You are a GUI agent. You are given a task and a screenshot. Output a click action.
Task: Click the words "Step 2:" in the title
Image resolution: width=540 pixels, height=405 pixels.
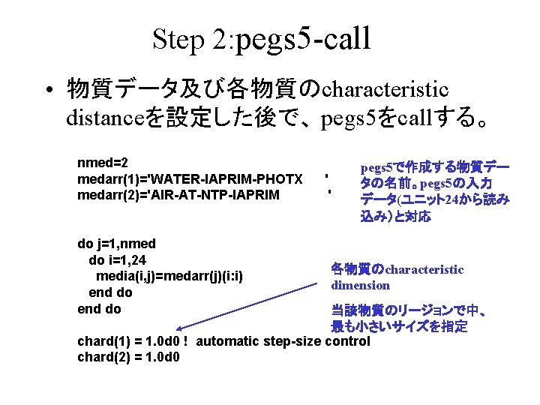coord(191,39)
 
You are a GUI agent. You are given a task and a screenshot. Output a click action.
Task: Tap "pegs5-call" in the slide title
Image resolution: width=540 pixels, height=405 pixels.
coord(303,38)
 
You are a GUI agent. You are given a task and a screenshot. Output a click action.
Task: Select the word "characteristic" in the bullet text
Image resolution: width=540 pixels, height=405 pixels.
coord(385,90)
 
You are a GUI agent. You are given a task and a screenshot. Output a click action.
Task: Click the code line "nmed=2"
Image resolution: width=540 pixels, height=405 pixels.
coord(103,163)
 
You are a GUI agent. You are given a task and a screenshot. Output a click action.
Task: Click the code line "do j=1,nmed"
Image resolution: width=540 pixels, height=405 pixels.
coord(117,244)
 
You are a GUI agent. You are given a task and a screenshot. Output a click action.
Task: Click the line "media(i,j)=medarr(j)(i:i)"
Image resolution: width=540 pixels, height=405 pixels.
coord(171,276)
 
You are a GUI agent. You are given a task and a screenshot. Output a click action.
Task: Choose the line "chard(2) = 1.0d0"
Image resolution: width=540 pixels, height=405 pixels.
coord(128,357)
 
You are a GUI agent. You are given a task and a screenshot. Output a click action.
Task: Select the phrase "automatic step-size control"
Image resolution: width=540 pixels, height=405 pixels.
coord(283,341)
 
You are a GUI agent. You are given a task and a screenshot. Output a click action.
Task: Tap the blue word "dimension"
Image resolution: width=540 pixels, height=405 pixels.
coord(361,286)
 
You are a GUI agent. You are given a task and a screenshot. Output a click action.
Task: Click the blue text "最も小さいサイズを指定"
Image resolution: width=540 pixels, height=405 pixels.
coord(399,326)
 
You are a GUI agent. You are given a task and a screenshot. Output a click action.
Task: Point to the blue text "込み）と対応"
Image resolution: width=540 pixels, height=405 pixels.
coord(395,216)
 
